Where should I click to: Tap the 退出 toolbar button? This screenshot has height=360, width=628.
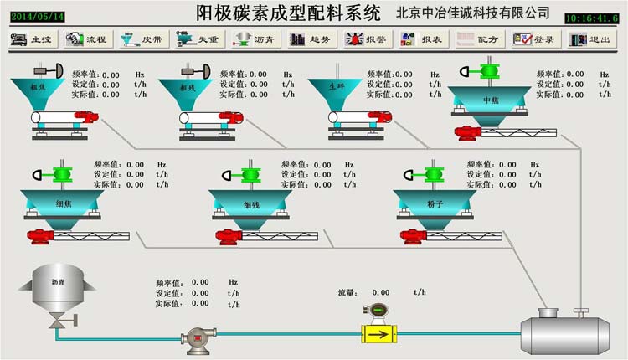pos(591,39)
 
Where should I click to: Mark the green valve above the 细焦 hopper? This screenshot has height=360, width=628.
pos(61,174)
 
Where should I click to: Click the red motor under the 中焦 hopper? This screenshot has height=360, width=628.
pos(464,132)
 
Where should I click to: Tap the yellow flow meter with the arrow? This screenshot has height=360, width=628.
pos(383,334)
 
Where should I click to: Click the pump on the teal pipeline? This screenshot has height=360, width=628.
pos(198,337)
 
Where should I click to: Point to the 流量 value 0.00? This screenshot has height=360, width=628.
pos(380,293)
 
